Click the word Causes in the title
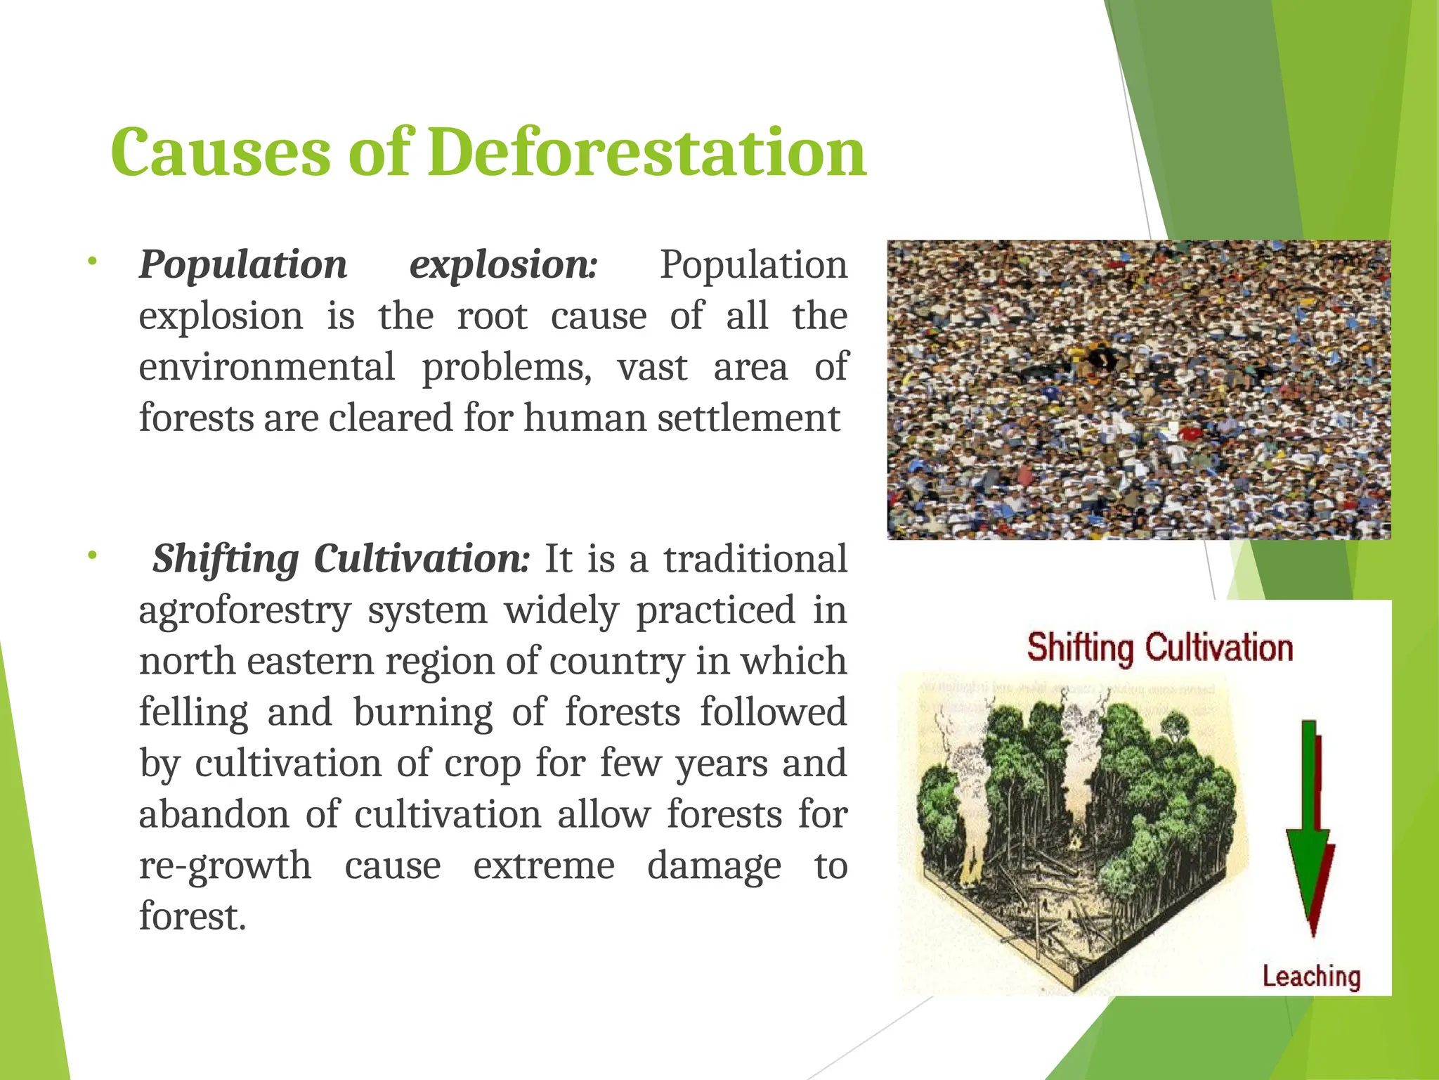[x=220, y=153]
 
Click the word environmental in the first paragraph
[x=267, y=367]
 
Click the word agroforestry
[x=244, y=611]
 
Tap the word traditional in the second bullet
[x=755, y=559]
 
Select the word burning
[x=423, y=712]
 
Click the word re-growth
[x=225, y=866]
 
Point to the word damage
[x=713, y=866]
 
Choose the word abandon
[x=214, y=814]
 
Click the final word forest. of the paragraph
[x=193, y=916]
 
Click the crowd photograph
[x=1138, y=390]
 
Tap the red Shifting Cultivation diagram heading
[x=1159, y=648]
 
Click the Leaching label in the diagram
[x=1311, y=977]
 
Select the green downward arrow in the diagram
[x=1308, y=830]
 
